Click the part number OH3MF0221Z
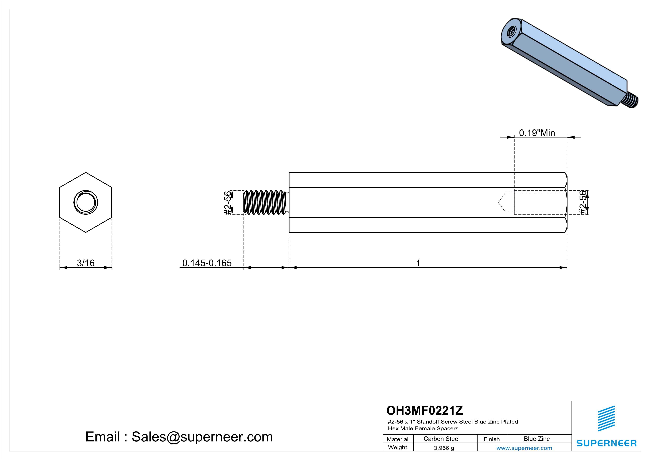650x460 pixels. coord(425,410)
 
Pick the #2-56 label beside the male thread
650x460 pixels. coord(228,203)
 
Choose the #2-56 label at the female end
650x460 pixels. coord(583,203)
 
